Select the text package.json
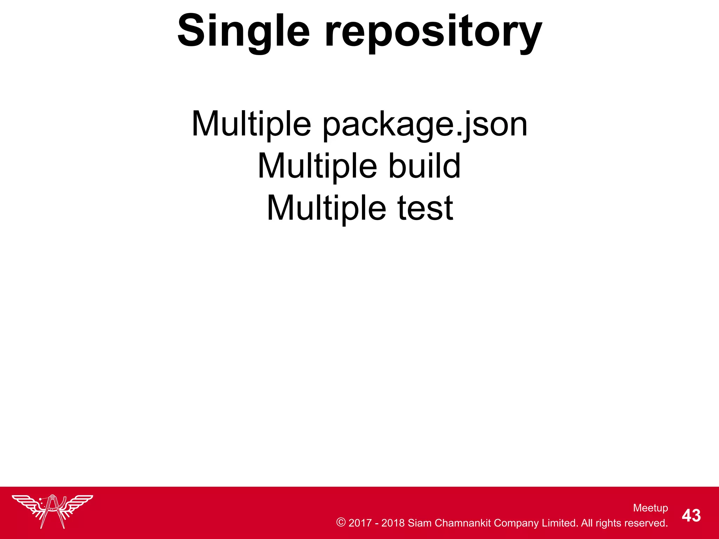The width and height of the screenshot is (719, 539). (x=425, y=125)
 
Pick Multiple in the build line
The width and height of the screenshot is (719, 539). (x=317, y=166)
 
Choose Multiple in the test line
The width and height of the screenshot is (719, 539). (x=326, y=208)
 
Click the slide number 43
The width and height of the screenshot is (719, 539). (x=691, y=516)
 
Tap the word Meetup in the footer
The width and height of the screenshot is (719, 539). (x=651, y=508)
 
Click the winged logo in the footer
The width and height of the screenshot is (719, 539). (x=52, y=511)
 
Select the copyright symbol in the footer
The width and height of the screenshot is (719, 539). (x=341, y=523)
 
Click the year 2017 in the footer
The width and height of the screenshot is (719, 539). (x=360, y=523)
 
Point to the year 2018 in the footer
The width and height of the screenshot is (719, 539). (x=393, y=523)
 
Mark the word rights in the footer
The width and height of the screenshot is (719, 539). (x=608, y=523)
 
